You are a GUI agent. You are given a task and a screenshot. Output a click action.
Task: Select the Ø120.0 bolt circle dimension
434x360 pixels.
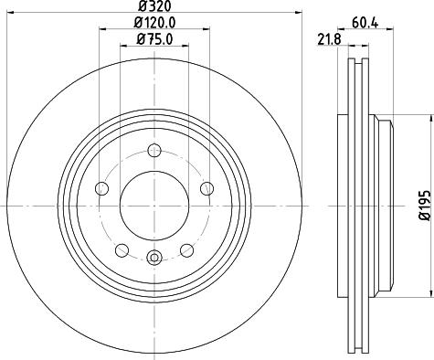154,22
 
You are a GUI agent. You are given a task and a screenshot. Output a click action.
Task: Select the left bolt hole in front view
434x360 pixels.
101,188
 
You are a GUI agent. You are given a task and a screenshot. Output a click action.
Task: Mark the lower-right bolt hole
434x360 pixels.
187,249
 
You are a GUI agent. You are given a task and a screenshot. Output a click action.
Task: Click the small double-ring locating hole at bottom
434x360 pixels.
154,259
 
